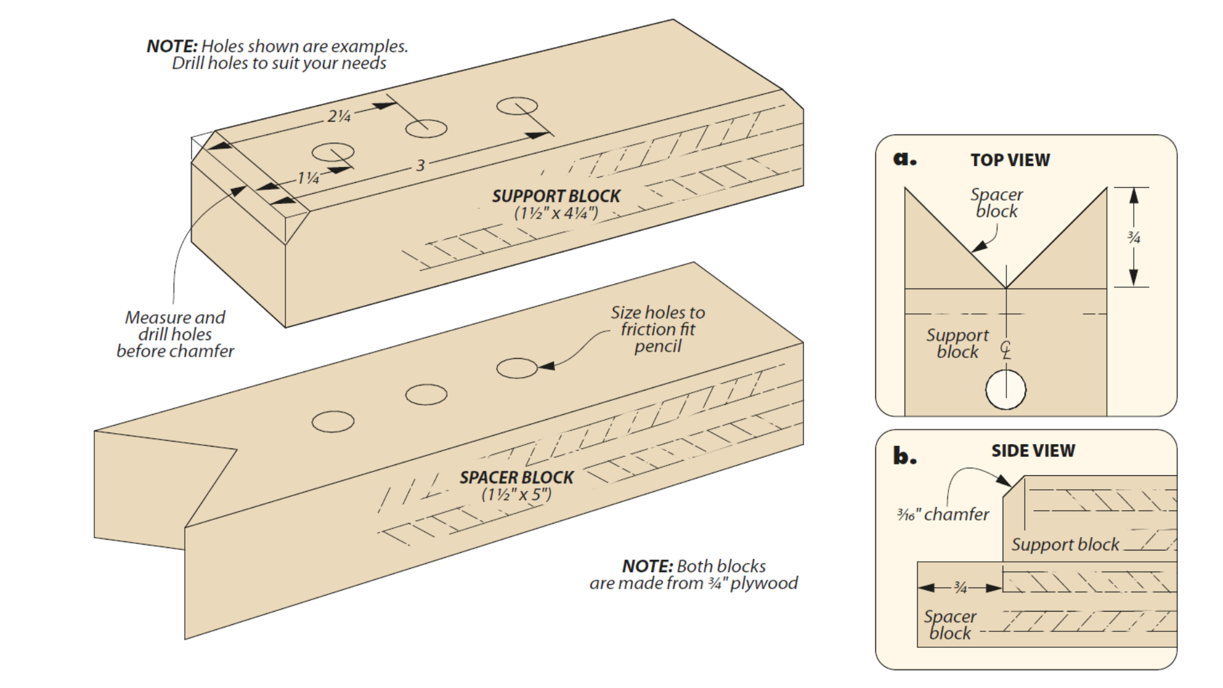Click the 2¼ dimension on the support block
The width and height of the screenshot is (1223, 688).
[x=339, y=116]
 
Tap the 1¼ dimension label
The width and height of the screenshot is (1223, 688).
[x=308, y=178]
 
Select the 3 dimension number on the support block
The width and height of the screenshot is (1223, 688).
[x=420, y=166]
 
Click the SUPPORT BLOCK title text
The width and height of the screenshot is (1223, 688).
[x=555, y=196]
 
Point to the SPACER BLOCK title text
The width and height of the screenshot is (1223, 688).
[x=516, y=478]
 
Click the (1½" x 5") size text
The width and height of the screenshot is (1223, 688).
[x=516, y=495]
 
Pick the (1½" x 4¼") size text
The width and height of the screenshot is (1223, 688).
[x=555, y=213]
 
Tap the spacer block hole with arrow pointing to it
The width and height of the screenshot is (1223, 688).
[x=517, y=368]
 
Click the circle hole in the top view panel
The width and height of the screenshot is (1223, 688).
[x=1005, y=389]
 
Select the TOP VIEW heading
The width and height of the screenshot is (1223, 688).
[x=1010, y=161]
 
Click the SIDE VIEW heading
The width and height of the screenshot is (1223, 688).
[x=1033, y=451]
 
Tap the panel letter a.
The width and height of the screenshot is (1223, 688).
[x=905, y=159]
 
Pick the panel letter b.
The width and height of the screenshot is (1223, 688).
[x=905, y=456]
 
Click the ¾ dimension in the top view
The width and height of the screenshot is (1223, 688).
[x=1134, y=238]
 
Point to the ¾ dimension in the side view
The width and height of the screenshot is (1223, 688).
[x=961, y=588]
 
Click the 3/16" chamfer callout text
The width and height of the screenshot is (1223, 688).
[x=943, y=514]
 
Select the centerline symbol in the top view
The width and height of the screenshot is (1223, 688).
[x=1005, y=350]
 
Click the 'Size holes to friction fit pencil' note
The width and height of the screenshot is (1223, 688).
[x=657, y=329]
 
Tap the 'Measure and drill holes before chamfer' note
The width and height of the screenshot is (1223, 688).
[x=175, y=334]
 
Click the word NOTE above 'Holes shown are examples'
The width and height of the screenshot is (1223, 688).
[x=172, y=47]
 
